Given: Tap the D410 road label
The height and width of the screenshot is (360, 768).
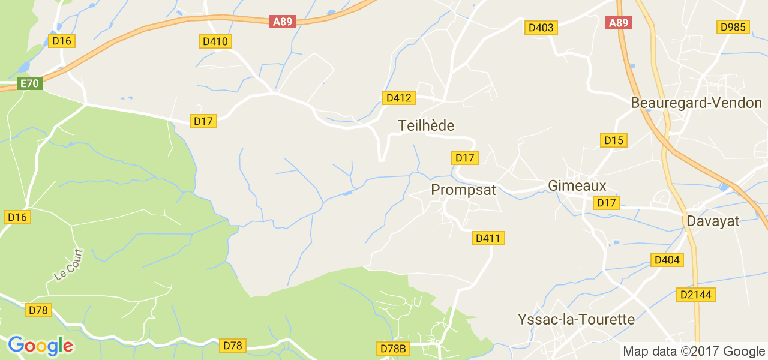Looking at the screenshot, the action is (x=215, y=41).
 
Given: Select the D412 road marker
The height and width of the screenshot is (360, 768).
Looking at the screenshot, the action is (x=399, y=98).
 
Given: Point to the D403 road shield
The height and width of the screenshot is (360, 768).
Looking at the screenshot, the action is (x=541, y=28).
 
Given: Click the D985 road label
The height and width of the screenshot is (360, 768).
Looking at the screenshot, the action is (x=733, y=27).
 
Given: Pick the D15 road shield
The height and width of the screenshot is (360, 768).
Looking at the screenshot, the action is (x=614, y=140).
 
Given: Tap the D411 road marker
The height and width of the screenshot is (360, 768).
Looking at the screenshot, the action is (x=488, y=238).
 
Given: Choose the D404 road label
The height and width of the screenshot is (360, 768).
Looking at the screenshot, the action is (x=667, y=260).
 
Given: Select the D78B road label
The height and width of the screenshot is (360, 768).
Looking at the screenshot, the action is (x=394, y=349).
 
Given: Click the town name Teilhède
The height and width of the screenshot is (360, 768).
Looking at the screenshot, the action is (x=426, y=125).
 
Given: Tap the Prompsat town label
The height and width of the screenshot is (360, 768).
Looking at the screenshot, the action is (x=464, y=190).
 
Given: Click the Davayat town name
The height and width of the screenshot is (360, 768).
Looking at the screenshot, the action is (x=713, y=221).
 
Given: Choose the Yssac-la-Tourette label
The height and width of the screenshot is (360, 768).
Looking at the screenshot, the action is (x=576, y=319).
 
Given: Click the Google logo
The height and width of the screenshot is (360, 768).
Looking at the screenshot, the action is (x=40, y=346).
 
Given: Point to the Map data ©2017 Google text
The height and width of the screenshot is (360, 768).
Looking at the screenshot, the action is (x=693, y=352).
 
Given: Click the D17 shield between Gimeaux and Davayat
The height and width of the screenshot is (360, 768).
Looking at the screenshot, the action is (x=607, y=203).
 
